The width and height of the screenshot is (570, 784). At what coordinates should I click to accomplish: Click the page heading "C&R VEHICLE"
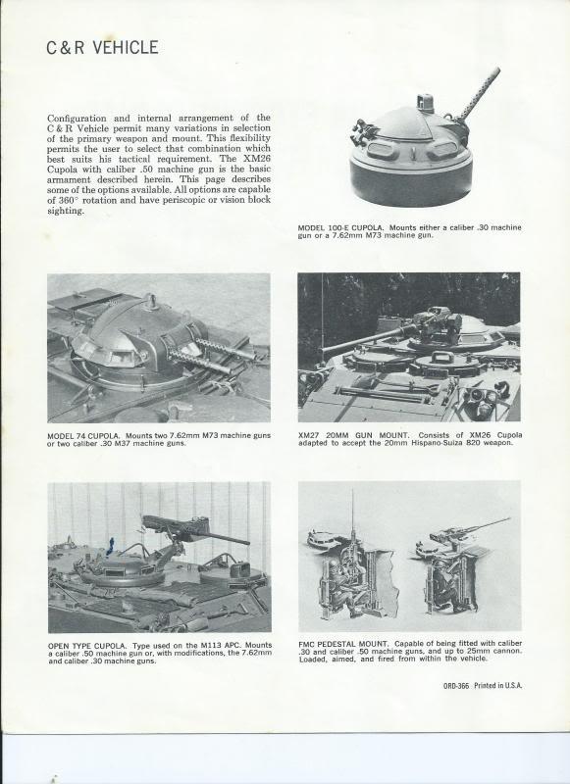103,47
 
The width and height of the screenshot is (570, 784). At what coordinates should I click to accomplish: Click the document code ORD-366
456,686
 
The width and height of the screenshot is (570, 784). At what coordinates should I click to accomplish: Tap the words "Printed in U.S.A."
498,686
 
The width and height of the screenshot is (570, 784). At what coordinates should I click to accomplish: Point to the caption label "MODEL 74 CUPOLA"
83,435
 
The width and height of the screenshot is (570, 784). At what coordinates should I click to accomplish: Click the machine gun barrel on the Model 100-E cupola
478,93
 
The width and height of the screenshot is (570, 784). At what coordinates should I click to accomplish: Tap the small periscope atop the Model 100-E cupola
425,103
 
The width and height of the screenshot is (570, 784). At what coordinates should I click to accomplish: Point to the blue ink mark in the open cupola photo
110,547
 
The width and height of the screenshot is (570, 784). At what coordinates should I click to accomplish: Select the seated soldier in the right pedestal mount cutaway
444,585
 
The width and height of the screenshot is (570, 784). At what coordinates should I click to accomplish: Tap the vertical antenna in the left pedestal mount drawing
352,516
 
